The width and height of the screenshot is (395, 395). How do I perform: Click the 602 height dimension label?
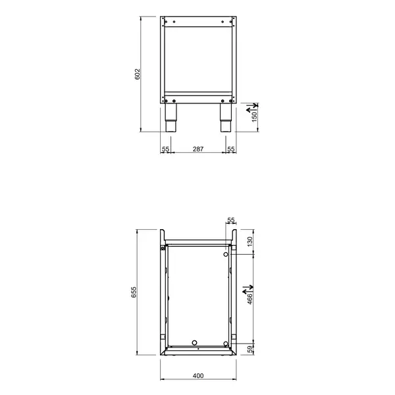click(x=138, y=74)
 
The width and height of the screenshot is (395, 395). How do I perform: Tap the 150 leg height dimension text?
click(x=254, y=116)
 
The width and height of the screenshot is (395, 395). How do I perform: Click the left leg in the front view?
click(x=170, y=118)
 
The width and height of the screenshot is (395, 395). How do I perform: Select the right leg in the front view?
click(x=225, y=118)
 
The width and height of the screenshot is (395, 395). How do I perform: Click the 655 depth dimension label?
click(x=133, y=294)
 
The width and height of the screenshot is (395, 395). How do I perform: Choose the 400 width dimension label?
click(x=197, y=376)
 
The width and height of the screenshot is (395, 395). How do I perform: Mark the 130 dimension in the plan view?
click(x=250, y=242)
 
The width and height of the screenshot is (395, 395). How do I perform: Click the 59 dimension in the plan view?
click(x=250, y=349)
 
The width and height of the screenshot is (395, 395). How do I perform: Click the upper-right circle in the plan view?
click(x=226, y=254)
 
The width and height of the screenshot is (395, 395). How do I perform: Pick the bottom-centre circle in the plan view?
click(x=194, y=342)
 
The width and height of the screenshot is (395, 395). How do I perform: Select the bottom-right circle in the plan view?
click(x=226, y=343)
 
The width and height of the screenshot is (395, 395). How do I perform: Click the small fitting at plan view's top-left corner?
click(x=163, y=248)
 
